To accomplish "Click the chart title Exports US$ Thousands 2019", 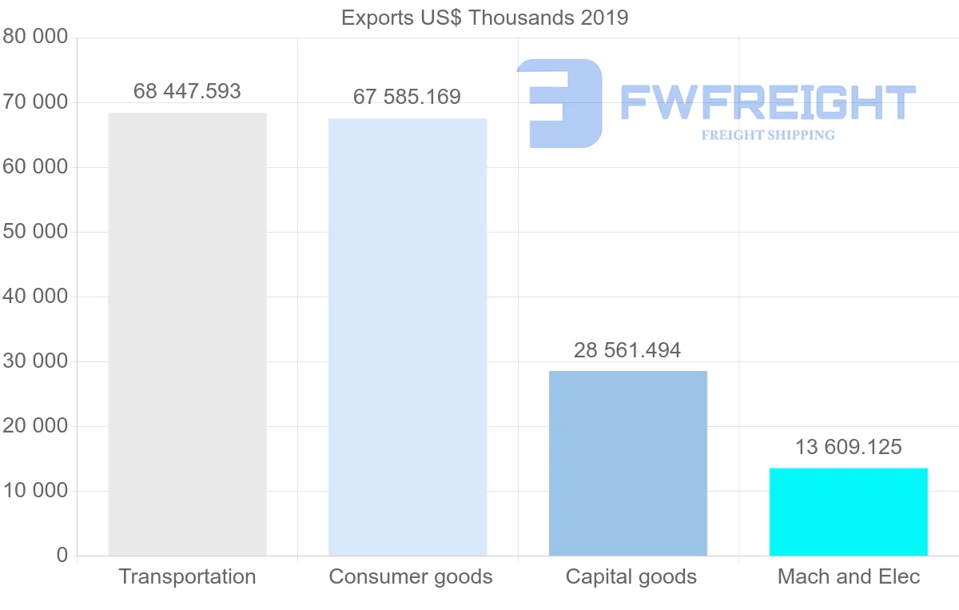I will (x=484, y=18).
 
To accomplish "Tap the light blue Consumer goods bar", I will (x=408, y=337).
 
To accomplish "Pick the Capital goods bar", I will (x=628, y=463).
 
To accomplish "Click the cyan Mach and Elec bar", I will (x=848, y=512).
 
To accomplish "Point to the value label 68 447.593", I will (x=187, y=91).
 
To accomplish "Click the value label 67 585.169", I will (x=408, y=98).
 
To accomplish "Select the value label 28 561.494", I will (x=627, y=350).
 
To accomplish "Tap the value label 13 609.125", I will (x=848, y=447).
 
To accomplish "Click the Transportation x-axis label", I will (x=187, y=576).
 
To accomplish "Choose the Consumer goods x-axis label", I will (x=411, y=576).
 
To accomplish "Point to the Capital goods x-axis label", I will (x=631, y=576).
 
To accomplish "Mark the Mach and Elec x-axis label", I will (x=849, y=576).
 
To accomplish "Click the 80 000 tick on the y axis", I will (x=34, y=38).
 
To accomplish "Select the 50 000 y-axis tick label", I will (x=34, y=232).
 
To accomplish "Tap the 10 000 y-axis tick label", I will (x=34, y=491).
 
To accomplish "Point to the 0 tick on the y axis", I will (x=62, y=556).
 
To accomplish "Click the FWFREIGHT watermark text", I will (x=767, y=102).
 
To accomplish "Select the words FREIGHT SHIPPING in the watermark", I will (x=767, y=135).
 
